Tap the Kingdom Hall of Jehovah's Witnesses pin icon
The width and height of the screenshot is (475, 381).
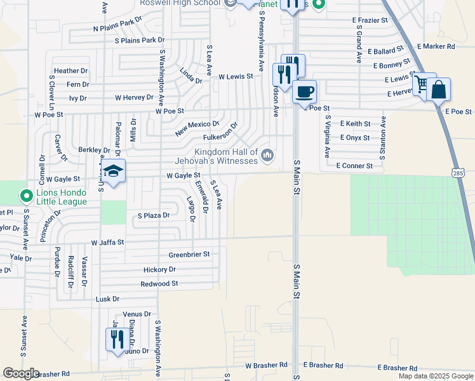(267, 154)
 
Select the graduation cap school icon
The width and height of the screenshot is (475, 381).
(113, 171)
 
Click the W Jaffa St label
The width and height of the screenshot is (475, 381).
(107, 243)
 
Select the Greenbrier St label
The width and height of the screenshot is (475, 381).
(189, 255)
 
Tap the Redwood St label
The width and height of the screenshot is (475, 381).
(159, 284)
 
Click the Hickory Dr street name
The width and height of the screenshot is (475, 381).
(159, 269)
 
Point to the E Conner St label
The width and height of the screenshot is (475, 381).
(359, 166)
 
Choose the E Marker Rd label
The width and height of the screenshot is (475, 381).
(436, 46)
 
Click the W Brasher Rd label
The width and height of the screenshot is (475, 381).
(266, 366)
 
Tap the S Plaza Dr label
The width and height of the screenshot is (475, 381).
(154, 215)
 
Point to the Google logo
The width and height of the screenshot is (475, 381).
(20, 373)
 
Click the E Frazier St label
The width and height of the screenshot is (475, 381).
(374, 20)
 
